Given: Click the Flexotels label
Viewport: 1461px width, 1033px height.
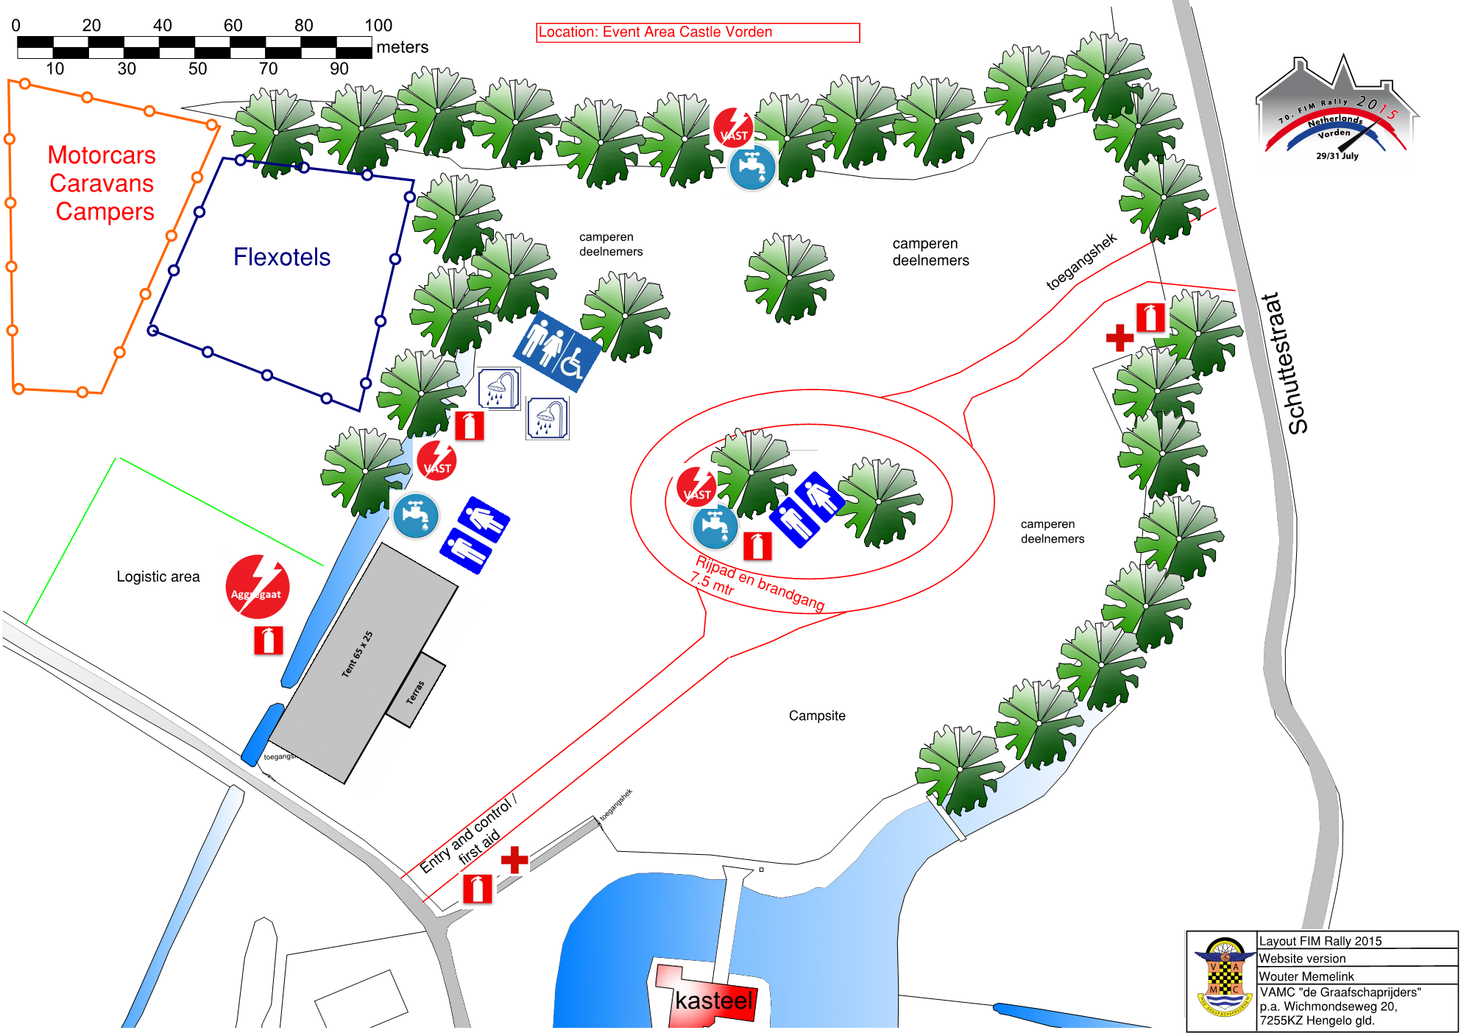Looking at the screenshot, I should point(282,257).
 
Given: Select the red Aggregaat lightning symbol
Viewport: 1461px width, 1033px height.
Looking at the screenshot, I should point(257,586).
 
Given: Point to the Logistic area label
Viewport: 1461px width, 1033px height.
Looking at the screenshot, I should point(158,577).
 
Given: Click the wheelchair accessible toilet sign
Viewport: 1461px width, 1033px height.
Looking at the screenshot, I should point(557,351).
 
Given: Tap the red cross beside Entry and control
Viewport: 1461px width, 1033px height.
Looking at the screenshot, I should point(514,859).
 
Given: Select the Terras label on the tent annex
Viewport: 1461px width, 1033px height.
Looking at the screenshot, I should point(416,691).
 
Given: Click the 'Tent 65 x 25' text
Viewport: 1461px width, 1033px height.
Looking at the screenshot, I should point(357,654).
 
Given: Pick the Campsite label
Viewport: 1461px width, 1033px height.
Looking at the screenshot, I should point(817,716).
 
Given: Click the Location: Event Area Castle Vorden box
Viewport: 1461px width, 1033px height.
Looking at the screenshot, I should point(697,32).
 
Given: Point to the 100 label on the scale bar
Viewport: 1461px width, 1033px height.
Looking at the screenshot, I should point(378,25).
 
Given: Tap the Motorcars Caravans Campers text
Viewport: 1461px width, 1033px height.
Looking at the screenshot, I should point(102,183).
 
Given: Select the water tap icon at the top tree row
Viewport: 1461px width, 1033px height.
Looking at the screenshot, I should point(752,167).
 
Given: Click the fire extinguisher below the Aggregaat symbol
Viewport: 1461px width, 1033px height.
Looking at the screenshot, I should point(268,640).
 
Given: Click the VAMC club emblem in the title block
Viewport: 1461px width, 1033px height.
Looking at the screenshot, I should point(1223,979).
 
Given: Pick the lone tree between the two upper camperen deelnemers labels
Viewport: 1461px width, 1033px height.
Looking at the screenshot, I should point(788,278).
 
